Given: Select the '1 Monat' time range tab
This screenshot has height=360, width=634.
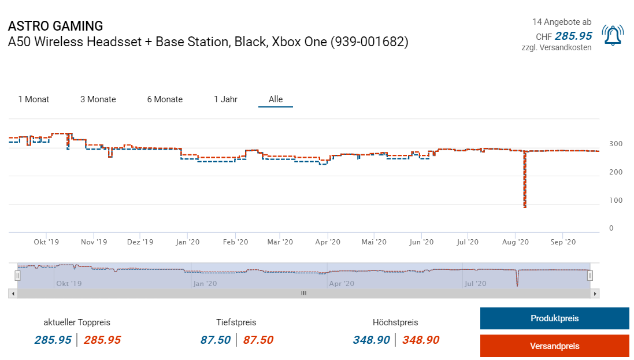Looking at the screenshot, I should (x=34, y=99).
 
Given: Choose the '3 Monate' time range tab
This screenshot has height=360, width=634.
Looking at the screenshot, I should (x=98, y=99).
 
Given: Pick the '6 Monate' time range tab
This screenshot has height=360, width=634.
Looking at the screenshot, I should (x=165, y=99).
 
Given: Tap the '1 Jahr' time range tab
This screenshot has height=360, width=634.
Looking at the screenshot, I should (x=225, y=99).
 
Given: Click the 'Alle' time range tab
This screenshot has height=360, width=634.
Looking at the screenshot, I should (x=276, y=99).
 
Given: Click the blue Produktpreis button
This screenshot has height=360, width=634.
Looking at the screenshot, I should (x=554, y=318).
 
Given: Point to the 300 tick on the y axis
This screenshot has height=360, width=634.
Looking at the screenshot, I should (x=615, y=144).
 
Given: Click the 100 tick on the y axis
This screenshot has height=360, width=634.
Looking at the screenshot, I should (x=615, y=201).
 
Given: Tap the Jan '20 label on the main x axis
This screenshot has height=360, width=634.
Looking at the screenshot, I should (x=188, y=242).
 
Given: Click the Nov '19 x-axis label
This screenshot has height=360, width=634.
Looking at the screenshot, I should (x=94, y=242).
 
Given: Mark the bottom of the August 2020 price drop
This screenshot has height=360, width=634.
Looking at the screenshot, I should (x=525, y=207).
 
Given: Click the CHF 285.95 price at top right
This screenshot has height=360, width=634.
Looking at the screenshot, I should (x=573, y=36).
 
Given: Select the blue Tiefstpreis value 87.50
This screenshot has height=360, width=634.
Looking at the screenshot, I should (x=216, y=340).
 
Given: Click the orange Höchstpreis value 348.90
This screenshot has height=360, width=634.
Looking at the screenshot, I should (x=420, y=340).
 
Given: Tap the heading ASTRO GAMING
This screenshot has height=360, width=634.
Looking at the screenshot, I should (x=55, y=26).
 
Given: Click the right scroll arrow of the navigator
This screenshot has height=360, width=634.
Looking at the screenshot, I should (x=595, y=294).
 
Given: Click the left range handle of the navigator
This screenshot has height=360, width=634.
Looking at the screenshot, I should (x=18, y=276).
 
